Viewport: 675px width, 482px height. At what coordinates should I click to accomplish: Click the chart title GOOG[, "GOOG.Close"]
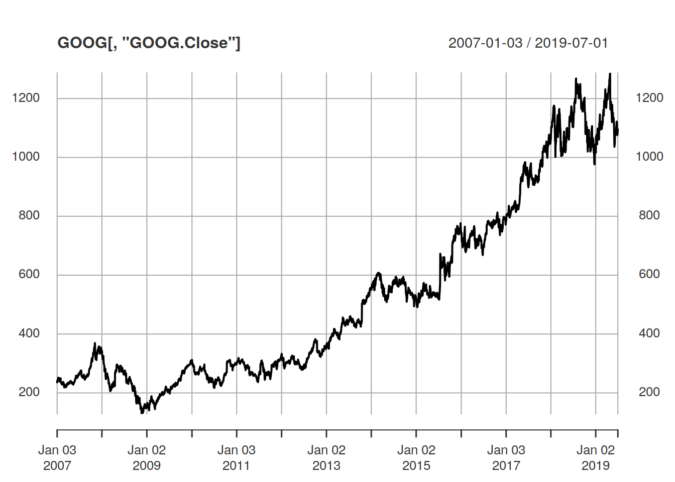[x=149, y=43]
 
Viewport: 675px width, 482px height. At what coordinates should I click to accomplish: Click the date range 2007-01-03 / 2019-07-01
[x=528, y=43]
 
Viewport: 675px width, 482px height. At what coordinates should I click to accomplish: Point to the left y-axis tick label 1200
[x=26, y=98]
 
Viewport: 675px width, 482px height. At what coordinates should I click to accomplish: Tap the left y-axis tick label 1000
[x=26, y=157]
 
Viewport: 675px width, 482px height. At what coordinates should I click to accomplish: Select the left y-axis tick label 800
[x=29, y=215]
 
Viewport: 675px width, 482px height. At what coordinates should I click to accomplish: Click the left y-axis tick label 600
[x=29, y=274]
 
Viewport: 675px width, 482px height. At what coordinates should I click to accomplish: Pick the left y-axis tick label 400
[x=29, y=333]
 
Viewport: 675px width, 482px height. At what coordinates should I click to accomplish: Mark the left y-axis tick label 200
[x=29, y=392]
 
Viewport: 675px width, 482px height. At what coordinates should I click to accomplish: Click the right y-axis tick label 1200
[x=649, y=98]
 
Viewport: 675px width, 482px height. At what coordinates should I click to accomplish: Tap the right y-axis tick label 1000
[x=649, y=157]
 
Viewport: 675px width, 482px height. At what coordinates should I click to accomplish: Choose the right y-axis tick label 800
[x=649, y=215]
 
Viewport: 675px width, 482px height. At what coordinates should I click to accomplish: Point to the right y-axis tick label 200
[x=649, y=392]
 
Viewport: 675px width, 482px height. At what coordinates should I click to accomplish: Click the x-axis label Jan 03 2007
[x=57, y=458]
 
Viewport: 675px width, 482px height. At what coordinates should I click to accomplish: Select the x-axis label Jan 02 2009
[x=147, y=458]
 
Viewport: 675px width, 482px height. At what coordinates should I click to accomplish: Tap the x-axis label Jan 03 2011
[x=237, y=458]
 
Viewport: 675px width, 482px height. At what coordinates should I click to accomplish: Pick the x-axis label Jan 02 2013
[x=326, y=458]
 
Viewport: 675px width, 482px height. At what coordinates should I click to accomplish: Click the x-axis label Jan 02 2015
[x=416, y=458]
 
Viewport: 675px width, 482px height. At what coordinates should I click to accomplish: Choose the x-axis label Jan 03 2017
[x=506, y=458]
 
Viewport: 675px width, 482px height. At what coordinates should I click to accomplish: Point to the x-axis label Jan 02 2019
[x=596, y=458]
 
